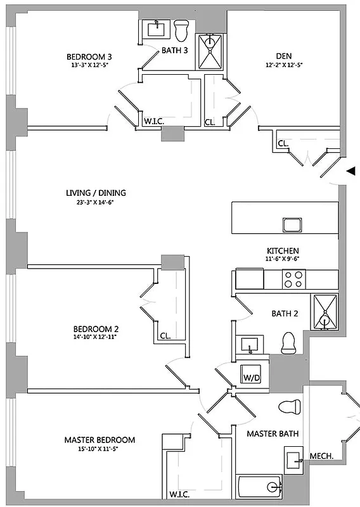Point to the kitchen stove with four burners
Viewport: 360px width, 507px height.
click(x=293, y=279)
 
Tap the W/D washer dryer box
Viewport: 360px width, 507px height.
click(x=252, y=378)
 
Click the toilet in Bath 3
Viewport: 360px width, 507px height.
click(x=181, y=29)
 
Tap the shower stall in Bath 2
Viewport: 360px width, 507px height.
click(x=325, y=312)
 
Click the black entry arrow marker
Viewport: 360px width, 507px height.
click(x=349, y=170)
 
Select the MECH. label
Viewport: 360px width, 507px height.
click(x=322, y=456)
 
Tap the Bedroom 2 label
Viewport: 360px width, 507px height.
click(x=96, y=329)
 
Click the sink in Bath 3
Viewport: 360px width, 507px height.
click(x=155, y=28)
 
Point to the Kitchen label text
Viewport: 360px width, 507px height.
click(x=283, y=251)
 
